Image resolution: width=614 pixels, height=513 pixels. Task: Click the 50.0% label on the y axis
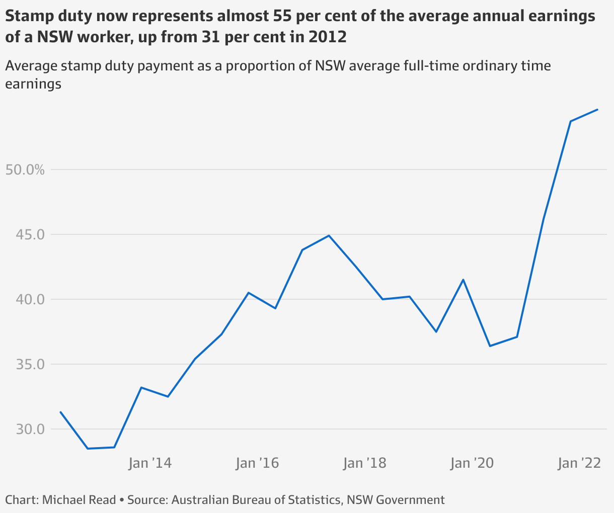tap(25, 169)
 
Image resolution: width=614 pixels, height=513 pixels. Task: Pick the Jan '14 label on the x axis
tap(150, 463)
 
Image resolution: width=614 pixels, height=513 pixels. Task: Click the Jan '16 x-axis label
tap(257, 463)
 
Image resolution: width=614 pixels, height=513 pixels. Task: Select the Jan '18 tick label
tap(364, 463)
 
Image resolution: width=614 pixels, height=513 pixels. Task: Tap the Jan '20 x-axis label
tap(472, 463)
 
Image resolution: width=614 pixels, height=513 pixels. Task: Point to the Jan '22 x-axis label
tap(579, 463)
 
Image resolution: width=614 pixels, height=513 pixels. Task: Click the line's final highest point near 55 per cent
tap(597, 109)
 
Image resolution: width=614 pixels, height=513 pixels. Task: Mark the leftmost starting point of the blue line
tap(60, 412)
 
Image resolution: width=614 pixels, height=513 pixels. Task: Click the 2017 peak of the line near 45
tap(329, 235)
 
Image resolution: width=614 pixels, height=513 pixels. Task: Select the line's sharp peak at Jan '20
tap(463, 279)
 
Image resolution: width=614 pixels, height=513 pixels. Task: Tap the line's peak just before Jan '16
tap(249, 292)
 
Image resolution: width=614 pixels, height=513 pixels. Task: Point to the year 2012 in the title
tap(328, 37)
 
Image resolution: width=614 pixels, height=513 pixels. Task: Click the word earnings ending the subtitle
tap(33, 84)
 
